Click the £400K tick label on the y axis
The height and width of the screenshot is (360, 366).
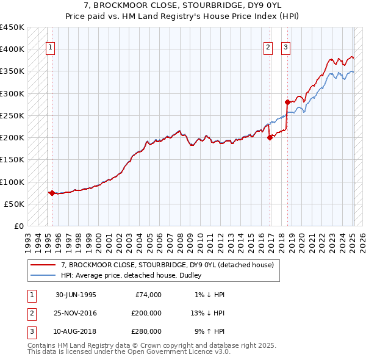12,49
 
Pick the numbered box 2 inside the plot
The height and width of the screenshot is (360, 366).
267,49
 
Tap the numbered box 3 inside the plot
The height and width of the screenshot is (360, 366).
285,49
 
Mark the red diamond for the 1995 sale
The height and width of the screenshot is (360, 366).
52,193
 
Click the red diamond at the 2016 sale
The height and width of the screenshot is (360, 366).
270,137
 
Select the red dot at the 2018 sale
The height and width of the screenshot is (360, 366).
287,102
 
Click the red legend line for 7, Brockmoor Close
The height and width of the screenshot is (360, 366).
43,265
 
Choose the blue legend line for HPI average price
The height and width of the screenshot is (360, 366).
43,275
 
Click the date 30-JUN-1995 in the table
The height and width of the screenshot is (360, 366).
76,295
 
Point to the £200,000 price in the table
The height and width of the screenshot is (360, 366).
146,313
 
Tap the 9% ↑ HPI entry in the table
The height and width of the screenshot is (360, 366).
209,331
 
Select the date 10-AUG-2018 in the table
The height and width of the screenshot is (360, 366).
76,331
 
